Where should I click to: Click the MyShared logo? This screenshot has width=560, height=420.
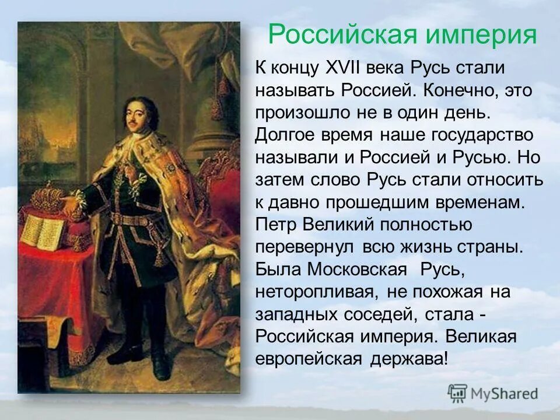point(493,393)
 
